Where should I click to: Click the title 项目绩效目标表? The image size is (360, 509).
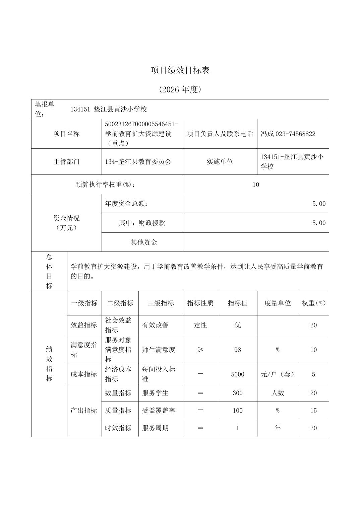180,70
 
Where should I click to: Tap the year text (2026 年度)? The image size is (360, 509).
180,89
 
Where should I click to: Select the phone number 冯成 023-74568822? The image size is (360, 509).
288,134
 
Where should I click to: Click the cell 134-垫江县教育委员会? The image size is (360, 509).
138,162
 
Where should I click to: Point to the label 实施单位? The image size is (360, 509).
220,162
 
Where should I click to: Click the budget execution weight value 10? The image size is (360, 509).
256,185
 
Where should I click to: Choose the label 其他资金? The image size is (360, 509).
144,242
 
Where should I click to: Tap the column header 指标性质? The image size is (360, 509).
200,303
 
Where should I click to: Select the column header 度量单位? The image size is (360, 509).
278,303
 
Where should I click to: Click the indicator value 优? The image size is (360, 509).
238,325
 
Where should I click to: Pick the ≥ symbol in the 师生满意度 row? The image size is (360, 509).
200,350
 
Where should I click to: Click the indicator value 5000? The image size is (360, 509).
238,374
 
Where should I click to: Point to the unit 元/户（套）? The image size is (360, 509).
278,374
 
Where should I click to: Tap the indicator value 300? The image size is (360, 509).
238,393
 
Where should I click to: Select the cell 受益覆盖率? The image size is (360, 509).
159,411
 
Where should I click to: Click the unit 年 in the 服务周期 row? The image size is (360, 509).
278,428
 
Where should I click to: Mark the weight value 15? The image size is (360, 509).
313,411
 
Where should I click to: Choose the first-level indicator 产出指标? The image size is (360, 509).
84,411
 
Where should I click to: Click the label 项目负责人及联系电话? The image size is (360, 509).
220,134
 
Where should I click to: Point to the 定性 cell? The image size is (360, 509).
200,325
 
